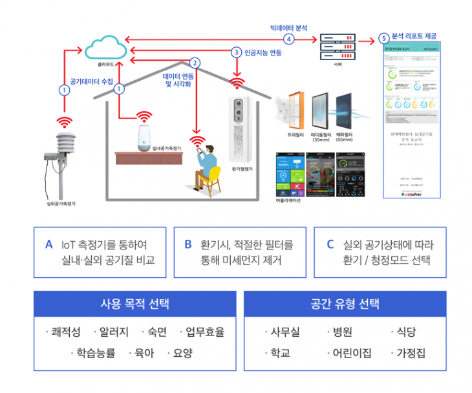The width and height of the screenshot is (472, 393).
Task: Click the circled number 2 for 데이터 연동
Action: coord(194,63)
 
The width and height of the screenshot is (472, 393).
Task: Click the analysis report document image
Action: coord(413,120)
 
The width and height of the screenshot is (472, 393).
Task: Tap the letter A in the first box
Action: coord(48,245)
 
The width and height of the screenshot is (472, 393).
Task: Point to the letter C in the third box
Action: coord(330,245)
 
